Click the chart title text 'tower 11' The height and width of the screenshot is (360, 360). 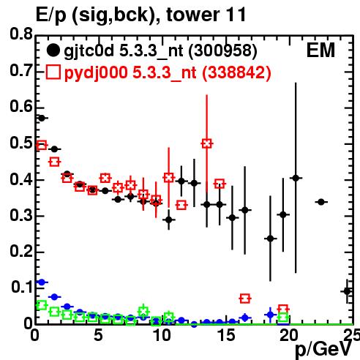[206, 15]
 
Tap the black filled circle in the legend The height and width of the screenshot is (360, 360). [53, 50]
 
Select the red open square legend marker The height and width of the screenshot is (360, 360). [53, 72]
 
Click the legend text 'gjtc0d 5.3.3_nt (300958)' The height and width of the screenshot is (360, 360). [160, 51]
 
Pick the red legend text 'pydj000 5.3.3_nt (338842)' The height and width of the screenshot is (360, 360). [168, 72]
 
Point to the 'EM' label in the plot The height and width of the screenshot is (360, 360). [320, 50]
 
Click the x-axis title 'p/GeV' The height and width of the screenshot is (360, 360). [323, 349]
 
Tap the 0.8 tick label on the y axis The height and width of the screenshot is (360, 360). [21, 34]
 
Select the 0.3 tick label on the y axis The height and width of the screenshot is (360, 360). [21, 216]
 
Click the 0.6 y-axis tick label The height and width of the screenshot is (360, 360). [21, 107]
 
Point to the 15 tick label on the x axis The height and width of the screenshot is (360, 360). [226, 335]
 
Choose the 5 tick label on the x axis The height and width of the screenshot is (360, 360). [98, 335]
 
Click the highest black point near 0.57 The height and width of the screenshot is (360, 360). [42, 119]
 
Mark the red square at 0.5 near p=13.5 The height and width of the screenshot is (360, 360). [207, 143]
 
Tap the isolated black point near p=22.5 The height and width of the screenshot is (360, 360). [321, 202]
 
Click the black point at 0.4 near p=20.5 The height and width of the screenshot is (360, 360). [296, 178]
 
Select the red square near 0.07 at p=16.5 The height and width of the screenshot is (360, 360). [245, 299]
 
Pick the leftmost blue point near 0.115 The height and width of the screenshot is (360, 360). [42, 282]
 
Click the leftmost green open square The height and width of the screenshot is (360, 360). [42, 305]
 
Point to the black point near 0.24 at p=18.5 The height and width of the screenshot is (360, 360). [271, 239]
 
